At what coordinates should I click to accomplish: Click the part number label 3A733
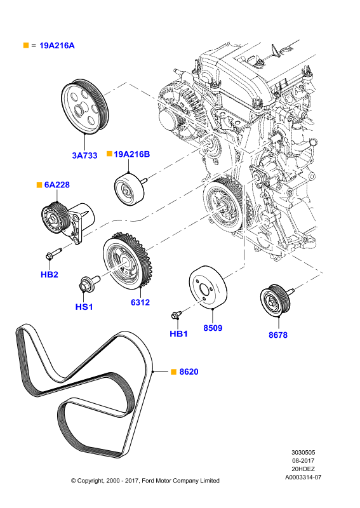pos(84,156)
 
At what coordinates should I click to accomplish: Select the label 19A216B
pos(132,154)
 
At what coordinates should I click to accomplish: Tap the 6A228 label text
pos(57,185)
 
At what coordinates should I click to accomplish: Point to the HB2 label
pos(50,274)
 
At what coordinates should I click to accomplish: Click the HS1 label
pos(84,307)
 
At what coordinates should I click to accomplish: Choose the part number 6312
pos(140,302)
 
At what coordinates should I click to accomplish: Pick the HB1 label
pos(178,333)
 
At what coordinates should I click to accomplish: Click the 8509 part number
pos(213,328)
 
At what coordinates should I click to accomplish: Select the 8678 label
pos(278,335)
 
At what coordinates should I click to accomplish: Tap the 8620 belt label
pos(189,371)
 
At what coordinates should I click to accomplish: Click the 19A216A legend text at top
pos(57,45)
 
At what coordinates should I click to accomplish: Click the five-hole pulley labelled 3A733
pos(84,106)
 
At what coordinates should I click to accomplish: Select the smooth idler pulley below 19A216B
pos(130,189)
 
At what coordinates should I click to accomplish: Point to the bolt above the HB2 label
pos(54,253)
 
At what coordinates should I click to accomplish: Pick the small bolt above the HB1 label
pos(177,314)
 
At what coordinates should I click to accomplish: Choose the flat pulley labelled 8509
pos(208,288)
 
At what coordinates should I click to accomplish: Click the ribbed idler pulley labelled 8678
pos(276,301)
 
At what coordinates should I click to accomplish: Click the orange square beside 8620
pos(173,371)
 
